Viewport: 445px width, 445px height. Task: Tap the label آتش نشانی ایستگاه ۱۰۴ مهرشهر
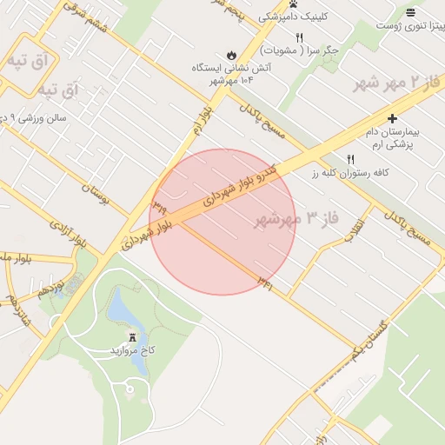click(229, 73)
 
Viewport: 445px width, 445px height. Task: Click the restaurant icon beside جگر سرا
click(300, 37)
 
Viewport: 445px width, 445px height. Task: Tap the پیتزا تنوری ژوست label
click(409, 25)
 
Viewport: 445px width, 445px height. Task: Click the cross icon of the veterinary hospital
click(392, 118)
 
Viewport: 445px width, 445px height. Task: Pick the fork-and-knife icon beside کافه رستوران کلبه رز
click(351, 159)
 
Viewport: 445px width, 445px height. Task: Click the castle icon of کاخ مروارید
click(132, 335)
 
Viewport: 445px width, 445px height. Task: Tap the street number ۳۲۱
click(265, 282)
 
